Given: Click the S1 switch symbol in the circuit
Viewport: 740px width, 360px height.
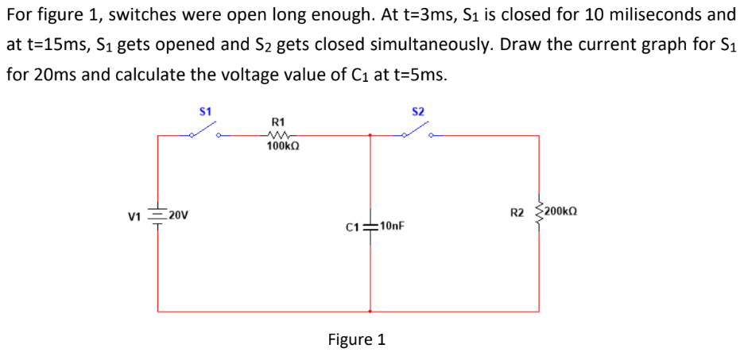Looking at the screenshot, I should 205,132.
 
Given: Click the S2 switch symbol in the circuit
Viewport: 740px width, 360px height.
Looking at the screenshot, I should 418,132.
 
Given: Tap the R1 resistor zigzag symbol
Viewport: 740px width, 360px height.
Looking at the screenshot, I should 279,136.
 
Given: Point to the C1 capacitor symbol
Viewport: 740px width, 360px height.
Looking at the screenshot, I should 370,226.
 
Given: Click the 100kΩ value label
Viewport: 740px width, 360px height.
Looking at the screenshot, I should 284,147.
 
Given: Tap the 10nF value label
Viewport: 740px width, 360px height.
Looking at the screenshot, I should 393,226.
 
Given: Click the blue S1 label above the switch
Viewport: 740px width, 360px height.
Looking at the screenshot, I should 205,111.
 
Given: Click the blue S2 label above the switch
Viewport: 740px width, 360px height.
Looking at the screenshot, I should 418,111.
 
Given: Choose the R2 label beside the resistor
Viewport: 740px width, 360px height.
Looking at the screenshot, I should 518,212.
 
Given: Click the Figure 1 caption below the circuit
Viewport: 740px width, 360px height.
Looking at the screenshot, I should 357,339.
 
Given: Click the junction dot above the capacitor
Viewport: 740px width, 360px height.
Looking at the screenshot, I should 370,135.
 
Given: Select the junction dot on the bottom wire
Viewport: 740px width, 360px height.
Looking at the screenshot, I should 370,311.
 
